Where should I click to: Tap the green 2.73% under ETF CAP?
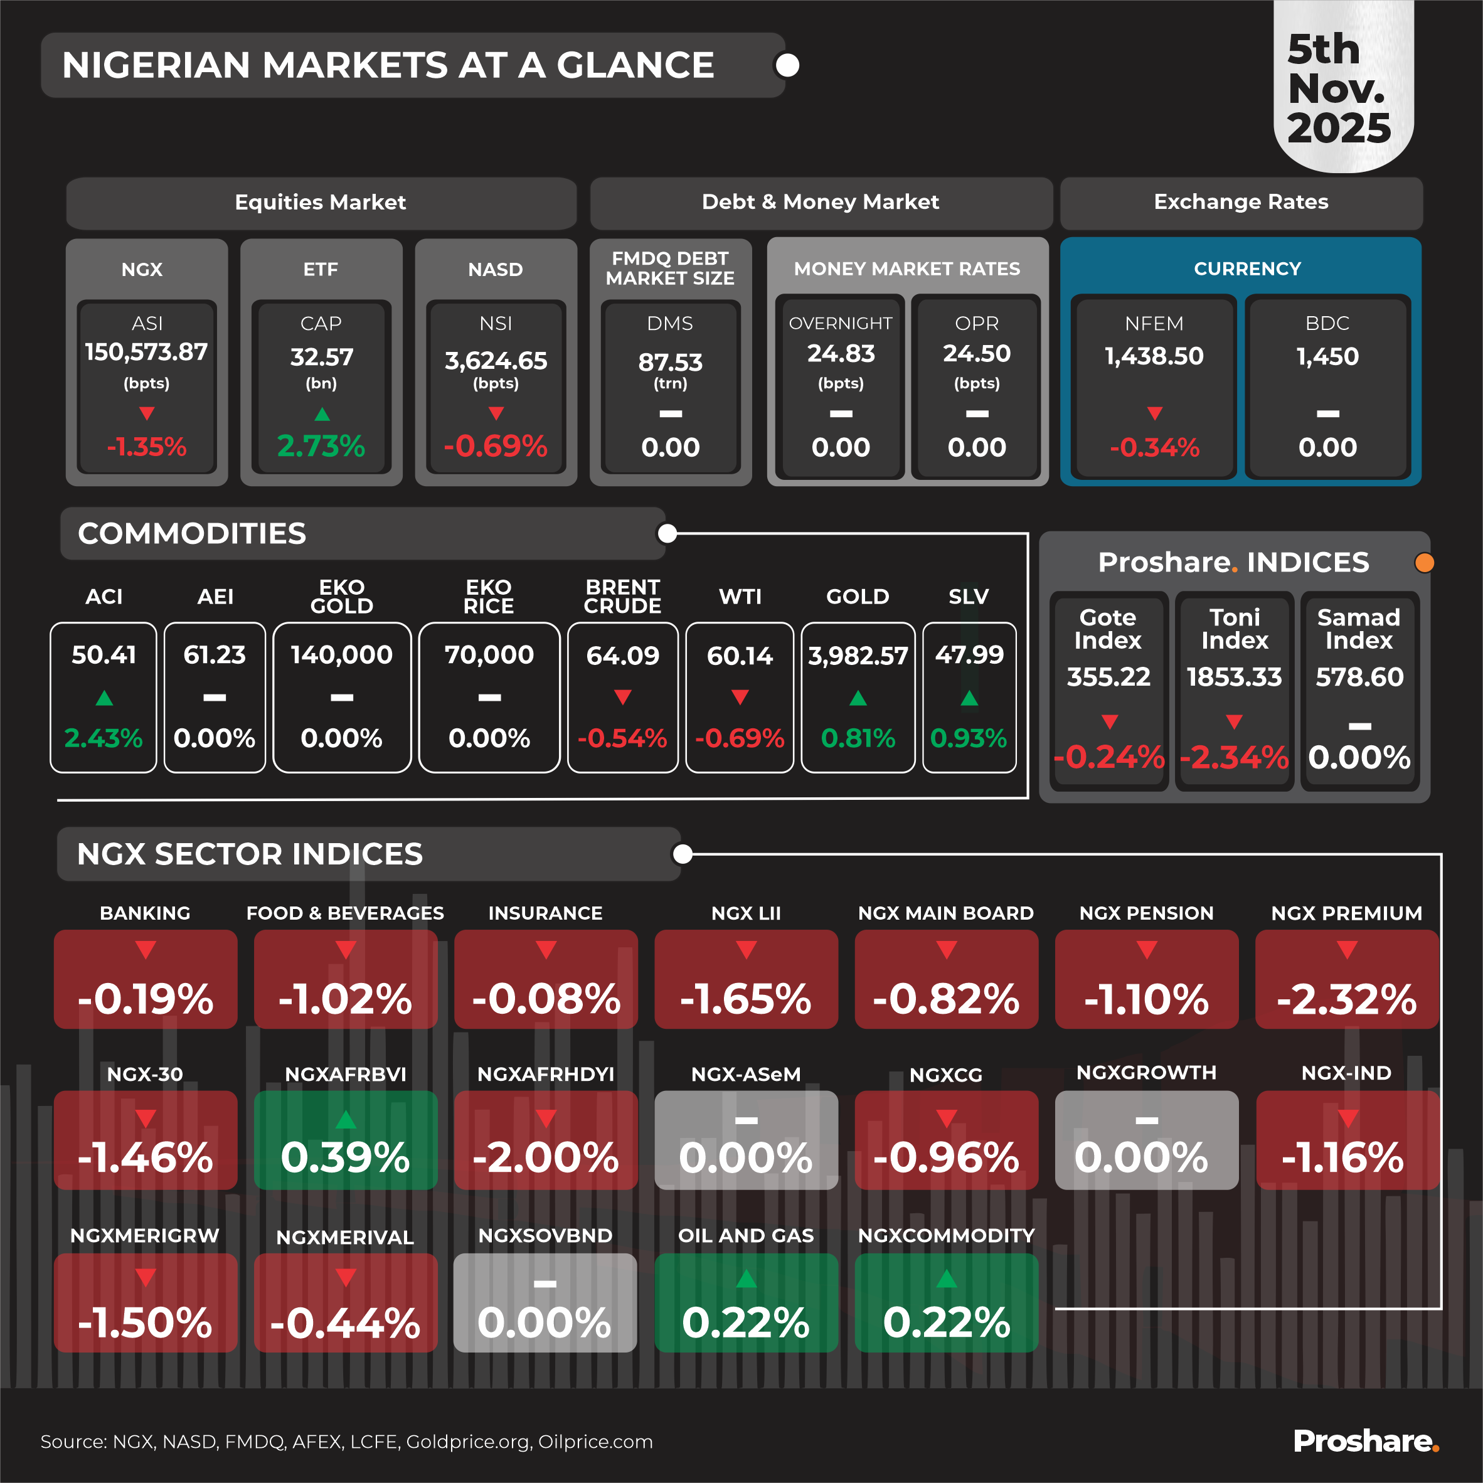pyautogui.click(x=321, y=446)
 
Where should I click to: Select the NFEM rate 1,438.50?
pyautogui.click(x=1154, y=356)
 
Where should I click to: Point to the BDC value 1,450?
pyautogui.click(x=1327, y=356)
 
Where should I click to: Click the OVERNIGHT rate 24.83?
pyautogui.click(x=841, y=353)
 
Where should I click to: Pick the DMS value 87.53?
pyautogui.click(x=670, y=361)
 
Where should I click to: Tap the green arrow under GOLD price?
pyautogui.click(x=858, y=698)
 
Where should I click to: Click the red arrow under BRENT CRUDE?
pyautogui.click(x=622, y=697)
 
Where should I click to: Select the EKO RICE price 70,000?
pyautogui.click(x=489, y=655)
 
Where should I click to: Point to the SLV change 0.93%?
pyautogui.click(x=968, y=738)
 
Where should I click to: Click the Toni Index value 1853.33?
pyautogui.click(x=1233, y=677)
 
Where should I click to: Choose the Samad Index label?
pyautogui.click(x=1358, y=629)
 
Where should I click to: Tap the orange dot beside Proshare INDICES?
pyautogui.click(x=1424, y=563)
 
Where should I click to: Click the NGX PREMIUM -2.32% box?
pyautogui.click(x=1346, y=979)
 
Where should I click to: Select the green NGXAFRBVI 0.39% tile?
pyautogui.click(x=346, y=1140)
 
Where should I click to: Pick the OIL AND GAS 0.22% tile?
pyautogui.click(x=745, y=1302)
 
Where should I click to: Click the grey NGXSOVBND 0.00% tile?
pyautogui.click(x=545, y=1302)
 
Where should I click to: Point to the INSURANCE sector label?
pyautogui.click(x=545, y=913)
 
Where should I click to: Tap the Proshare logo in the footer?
pyautogui.click(x=1365, y=1442)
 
